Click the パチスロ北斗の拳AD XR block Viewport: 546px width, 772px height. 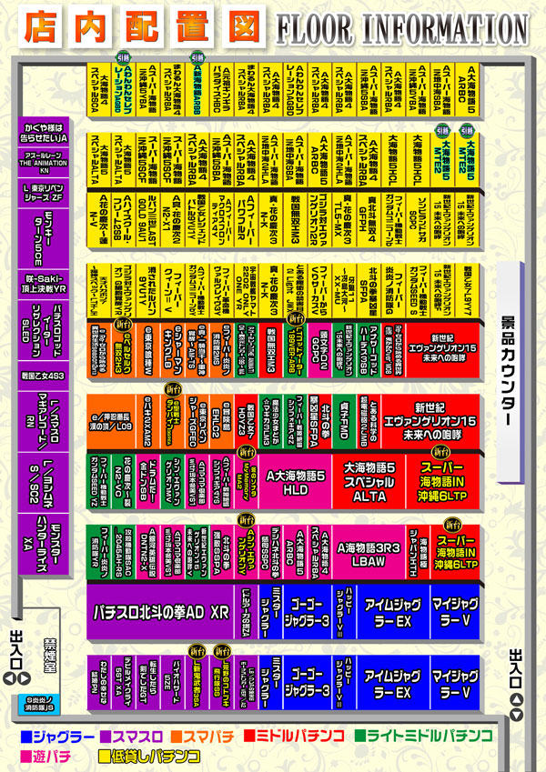coord(161,612)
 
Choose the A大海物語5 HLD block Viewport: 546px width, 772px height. coord(294,484)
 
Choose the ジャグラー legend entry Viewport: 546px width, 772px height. coord(56,735)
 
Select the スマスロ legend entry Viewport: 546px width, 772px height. coord(133,735)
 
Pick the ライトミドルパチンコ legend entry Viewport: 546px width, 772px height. coord(426,735)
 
